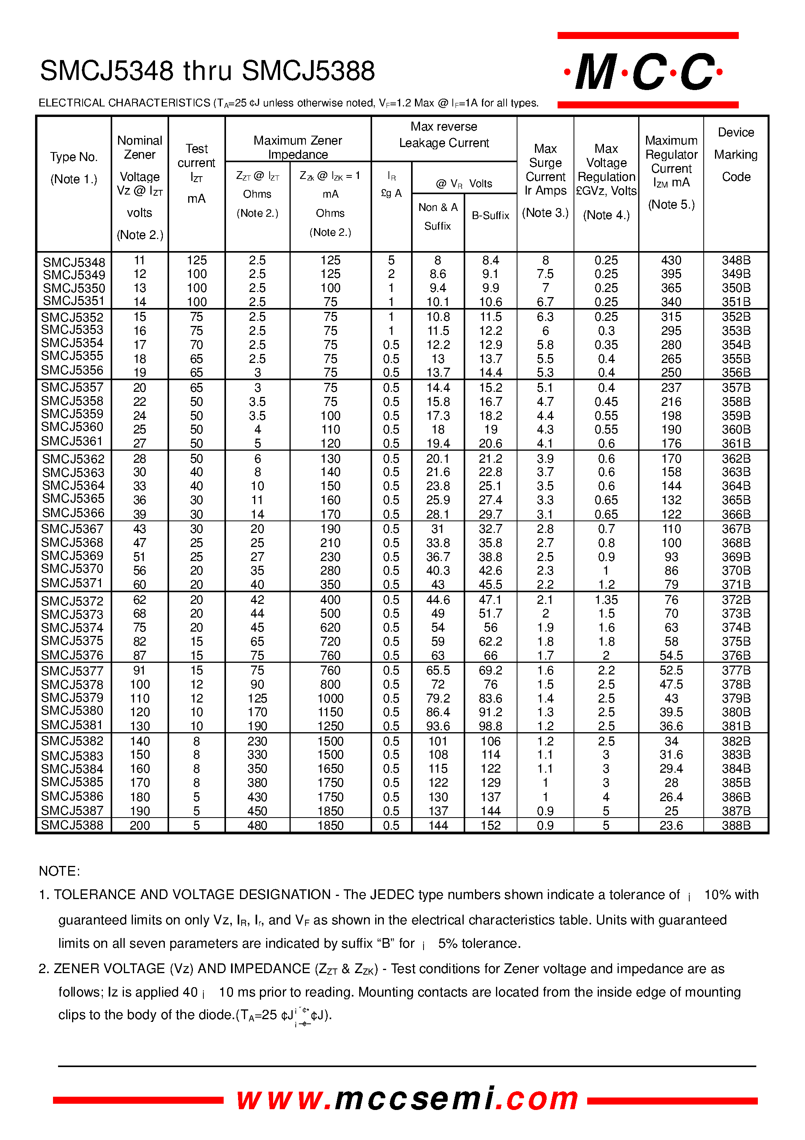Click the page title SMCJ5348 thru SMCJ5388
207,71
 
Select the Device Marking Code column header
736,154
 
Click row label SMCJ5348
74,262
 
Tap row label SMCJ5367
72,529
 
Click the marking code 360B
736,430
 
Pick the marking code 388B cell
736,825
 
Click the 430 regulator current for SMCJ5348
671,260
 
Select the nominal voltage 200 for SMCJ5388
139,825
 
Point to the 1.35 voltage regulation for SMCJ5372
606,600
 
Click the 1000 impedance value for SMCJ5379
330,698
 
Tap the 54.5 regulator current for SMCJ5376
671,655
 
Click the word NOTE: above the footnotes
59,871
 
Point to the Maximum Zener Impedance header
298,147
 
